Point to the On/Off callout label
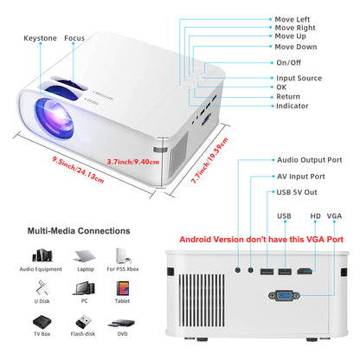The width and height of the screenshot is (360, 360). click(289, 62)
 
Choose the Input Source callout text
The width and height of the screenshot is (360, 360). click(299, 78)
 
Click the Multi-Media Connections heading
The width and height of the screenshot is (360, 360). click(79, 232)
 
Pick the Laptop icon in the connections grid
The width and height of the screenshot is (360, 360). click(85, 256)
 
